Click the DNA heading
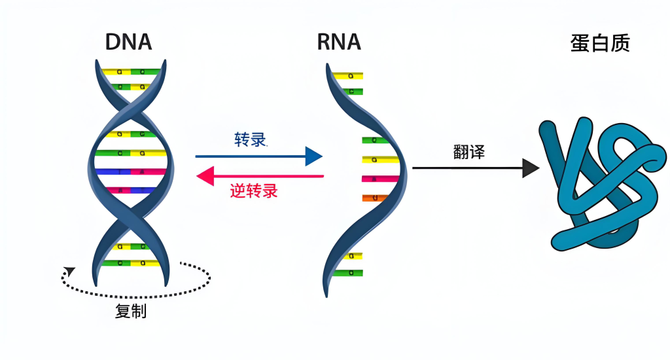pos(129,42)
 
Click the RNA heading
pos(339,42)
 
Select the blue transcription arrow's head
pos(314,156)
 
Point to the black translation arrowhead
pos(531,168)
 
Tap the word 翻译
pos(469,151)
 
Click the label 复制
pos(131,312)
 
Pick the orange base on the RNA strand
pos(372,198)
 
